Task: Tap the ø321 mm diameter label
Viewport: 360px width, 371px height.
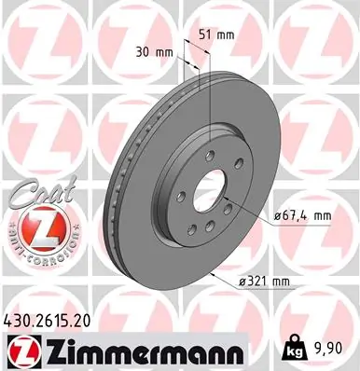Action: [264, 281]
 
